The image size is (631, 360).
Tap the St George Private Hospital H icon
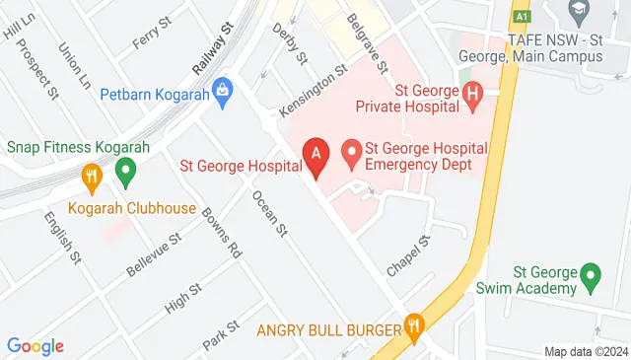coord(472,96)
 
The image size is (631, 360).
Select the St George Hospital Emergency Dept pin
coord(350,153)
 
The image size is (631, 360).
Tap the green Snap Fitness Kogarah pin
coord(125,174)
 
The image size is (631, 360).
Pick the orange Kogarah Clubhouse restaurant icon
coord(92,178)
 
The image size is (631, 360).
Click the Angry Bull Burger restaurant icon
coord(413,327)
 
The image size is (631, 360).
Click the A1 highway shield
coord(521,16)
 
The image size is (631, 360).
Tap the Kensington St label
coord(315,87)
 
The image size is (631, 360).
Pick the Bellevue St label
coord(155,253)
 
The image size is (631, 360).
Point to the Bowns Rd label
coord(222,232)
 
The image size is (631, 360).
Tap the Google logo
coord(35,345)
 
